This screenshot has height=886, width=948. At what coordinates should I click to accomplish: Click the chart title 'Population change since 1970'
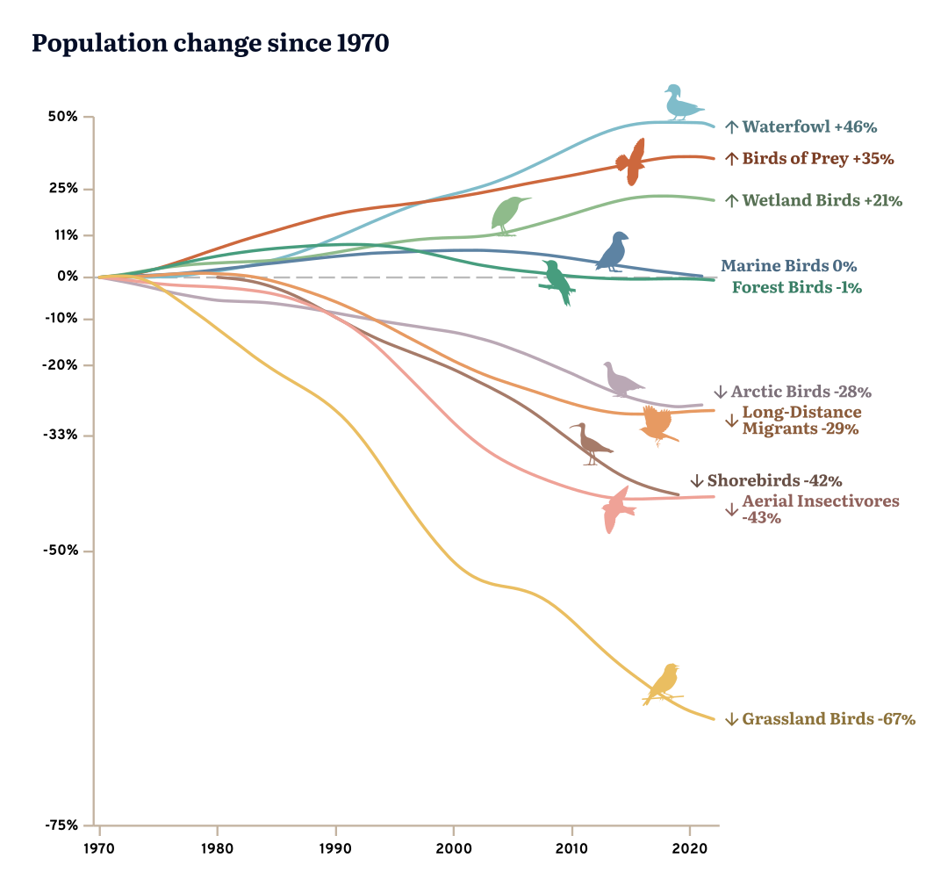point(210,44)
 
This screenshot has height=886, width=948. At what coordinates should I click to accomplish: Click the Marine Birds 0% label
point(788,265)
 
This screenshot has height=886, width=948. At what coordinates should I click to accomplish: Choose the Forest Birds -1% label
point(796,287)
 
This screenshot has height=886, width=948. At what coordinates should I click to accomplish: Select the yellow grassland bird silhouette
point(664,685)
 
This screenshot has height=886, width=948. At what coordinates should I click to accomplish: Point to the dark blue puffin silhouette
point(614,253)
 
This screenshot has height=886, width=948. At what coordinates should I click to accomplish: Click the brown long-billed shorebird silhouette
point(591,443)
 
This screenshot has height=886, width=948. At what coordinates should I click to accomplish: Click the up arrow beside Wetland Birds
point(731,200)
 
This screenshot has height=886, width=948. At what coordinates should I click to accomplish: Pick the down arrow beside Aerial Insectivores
point(731,509)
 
